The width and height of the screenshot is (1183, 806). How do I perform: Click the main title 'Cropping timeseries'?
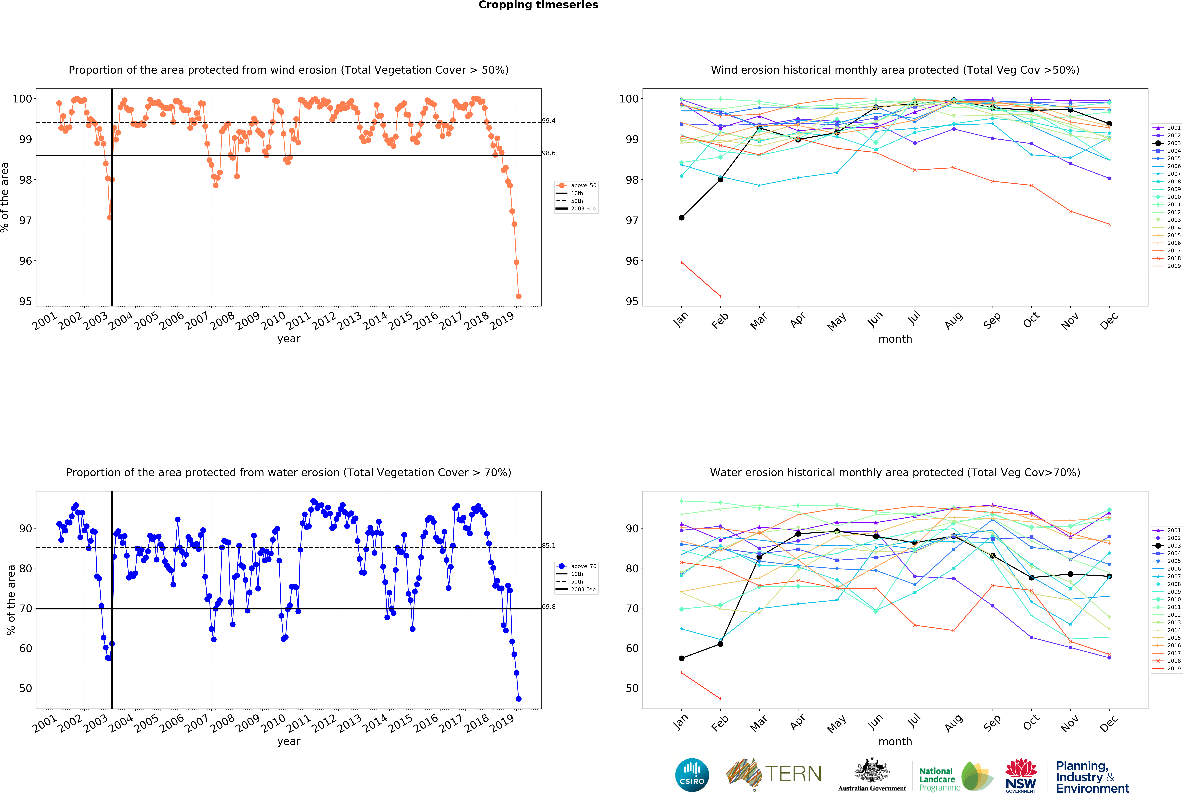pos(538,5)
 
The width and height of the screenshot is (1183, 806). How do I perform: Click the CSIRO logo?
pos(692,775)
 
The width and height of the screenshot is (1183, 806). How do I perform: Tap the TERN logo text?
pos(793,774)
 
